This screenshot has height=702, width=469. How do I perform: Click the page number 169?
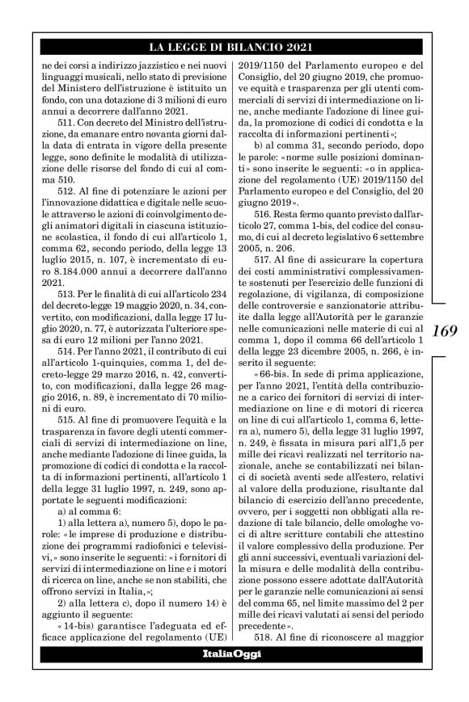point(446,331)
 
